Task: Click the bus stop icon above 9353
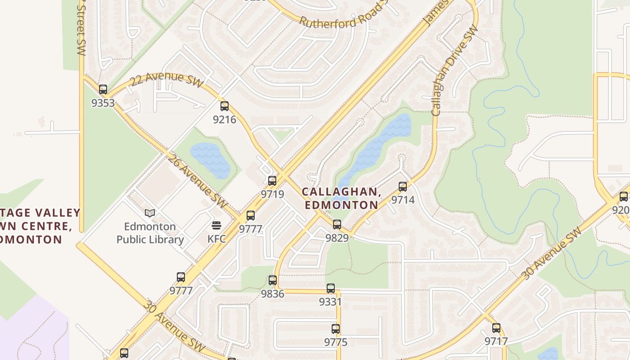click(x=103, y=90)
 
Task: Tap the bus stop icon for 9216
click(x=225, y=106)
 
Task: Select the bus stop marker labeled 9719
click(x=272, y=181)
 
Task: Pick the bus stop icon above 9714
click(x=403, y=186)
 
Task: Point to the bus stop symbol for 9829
click(x=337, y=224)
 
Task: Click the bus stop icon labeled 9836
click(x=273, y=280)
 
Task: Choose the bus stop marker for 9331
click(x=331, y=288)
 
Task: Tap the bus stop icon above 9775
click(x=336, y=329)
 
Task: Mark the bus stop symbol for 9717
click(x=496, y=328)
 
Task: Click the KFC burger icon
click(x=216, y=225)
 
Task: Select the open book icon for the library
click(x=150, y=213)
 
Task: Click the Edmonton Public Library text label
click(x=150, y=233)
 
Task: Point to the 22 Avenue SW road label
click(x=166, y=79)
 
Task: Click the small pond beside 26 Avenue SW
click(x=211, y=159)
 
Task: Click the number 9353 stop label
click(x=103, y=103)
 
